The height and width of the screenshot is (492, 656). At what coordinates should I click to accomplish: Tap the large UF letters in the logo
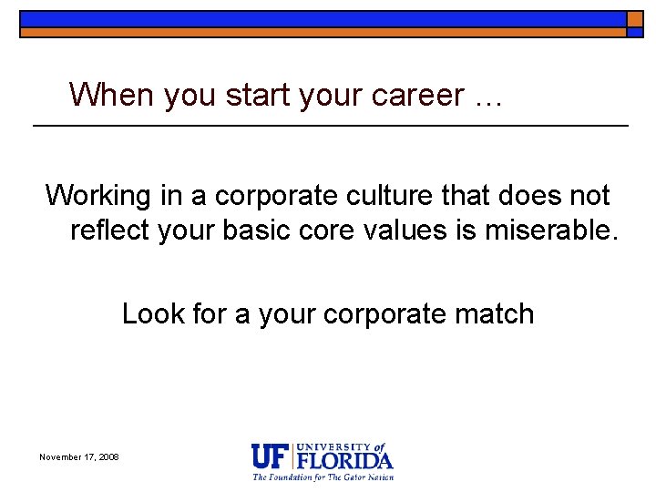tap(272, 456)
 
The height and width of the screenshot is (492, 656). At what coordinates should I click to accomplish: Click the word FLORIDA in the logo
tap(344, 459)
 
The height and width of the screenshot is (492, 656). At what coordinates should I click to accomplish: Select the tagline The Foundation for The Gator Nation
tap(323, 477)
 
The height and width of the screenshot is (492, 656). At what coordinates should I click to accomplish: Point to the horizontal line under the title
tap(330, 125)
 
